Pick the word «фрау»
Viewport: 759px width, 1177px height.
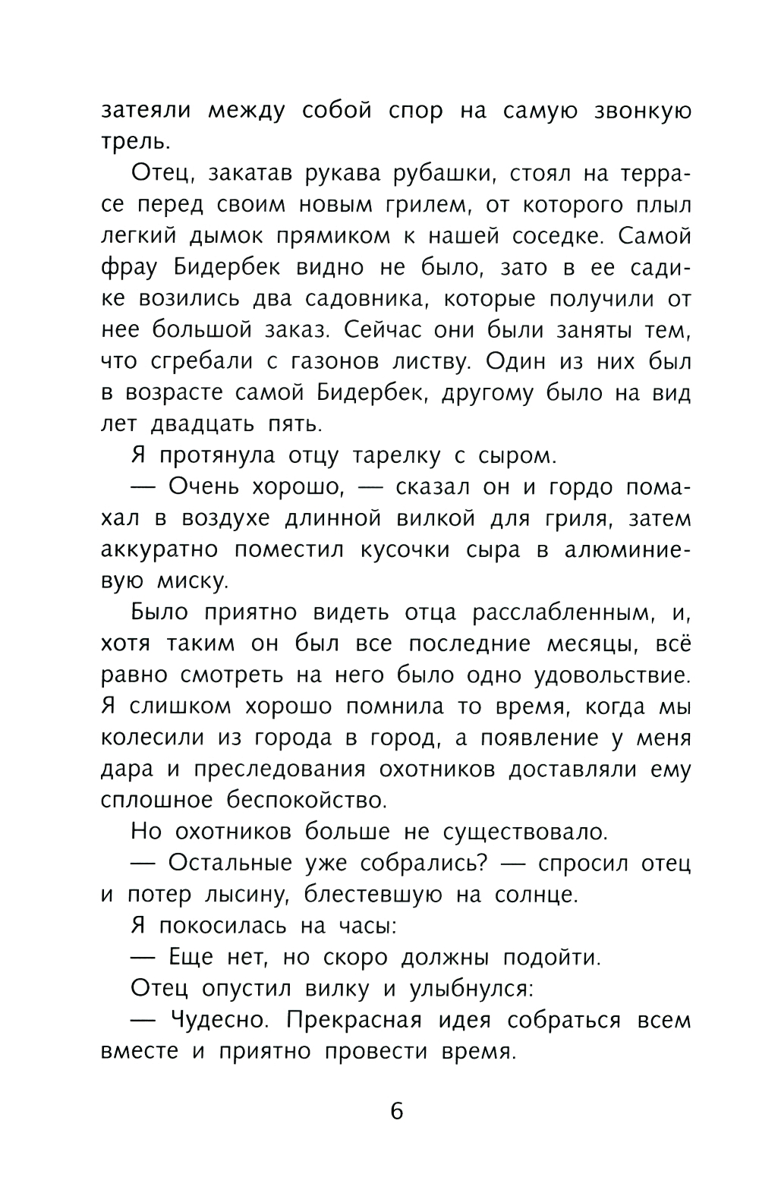tap(126, 268)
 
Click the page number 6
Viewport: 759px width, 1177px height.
tap(396, 1111)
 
